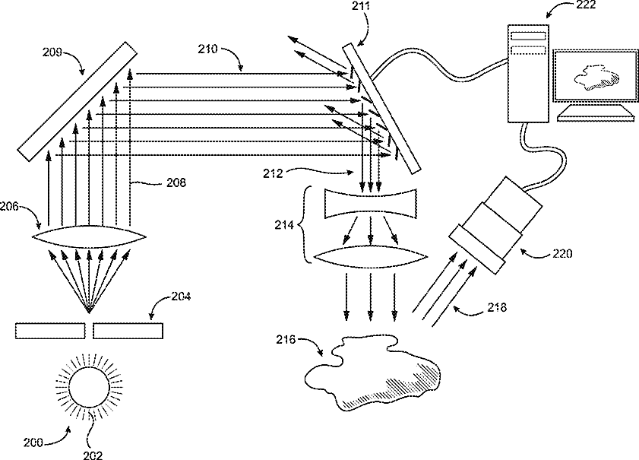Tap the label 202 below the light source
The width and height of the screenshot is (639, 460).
pyautogui.click(x=92, y=454)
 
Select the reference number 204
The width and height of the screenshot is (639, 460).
pyautogui.click(x=185, y=300)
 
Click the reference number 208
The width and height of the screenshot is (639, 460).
pyautogui.click(x=177, y=182)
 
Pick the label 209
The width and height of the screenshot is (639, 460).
pyautogui.click(x=53, y=53)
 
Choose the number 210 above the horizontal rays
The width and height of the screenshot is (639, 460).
pyautogui.click(x=207, y=49)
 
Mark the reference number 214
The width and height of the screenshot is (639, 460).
pyautogui.click(x=284, y=225)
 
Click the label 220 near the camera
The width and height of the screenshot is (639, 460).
pyautogui.click(x=563, y=254)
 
